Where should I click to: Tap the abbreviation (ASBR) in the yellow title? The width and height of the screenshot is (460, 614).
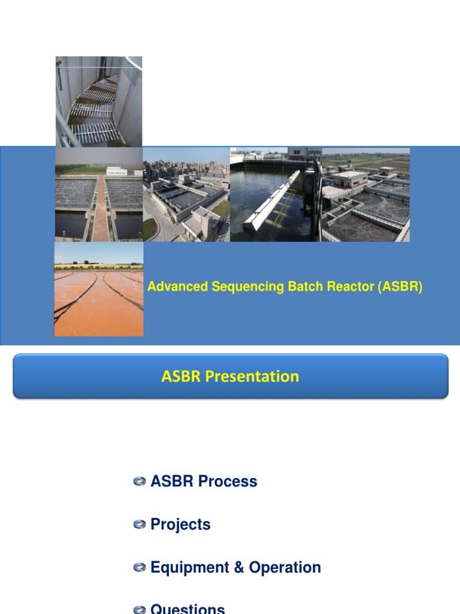pyautogui.click(x=400, y=287)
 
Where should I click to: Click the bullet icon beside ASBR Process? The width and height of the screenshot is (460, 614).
pyautogui.click(x=140, y=481)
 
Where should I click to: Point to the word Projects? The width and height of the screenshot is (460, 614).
pyautogui.click(x=180, y=525)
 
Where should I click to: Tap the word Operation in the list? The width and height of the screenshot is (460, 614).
pyautogui.click(x=285, y=568)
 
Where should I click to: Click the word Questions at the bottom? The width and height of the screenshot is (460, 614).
pyautogui.click(x=187, y=609)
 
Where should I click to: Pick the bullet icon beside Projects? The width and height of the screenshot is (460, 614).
pyautogui.click(x=140, y=525)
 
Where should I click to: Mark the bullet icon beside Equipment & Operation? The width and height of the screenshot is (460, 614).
pyautogui.click(x=140, y=568)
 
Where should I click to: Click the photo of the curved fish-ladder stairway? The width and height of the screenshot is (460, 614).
pyautogui.click(x=99, y=101)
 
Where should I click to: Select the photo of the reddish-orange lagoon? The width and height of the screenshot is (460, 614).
pyautogui.click(x=99, y=289)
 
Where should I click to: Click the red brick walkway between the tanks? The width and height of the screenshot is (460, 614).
pyautogui.click(x=101, y=207)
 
